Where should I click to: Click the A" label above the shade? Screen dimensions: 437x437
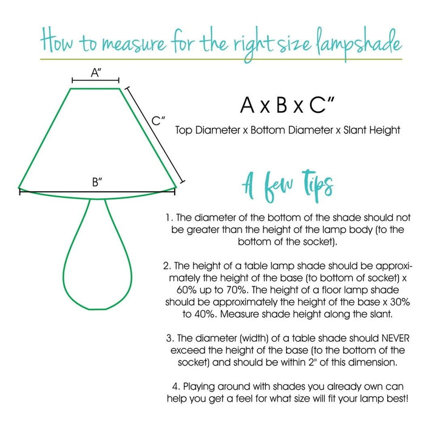click(x=95, y=73)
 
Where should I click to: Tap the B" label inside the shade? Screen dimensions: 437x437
click(x=97, y=181)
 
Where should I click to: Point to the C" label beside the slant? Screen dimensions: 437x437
click(x=159, y=121)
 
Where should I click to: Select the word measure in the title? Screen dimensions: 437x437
click(x=130, y=43)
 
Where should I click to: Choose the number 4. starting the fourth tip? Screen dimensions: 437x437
click(x=175, y=386)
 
